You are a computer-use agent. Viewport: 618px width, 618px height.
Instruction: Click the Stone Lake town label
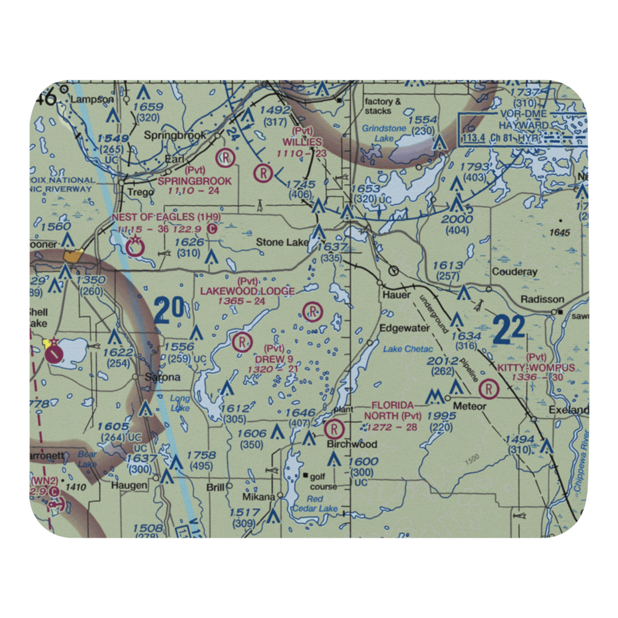pyautogui.click(x=282, y=243)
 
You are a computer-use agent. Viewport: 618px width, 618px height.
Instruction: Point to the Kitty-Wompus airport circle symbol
pyautogui.click(x=489, y=389)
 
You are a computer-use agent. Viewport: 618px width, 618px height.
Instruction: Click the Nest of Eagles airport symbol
pyautogui.click(x=133, y=249)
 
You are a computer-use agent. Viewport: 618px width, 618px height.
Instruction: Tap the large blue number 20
pyautogui.click(x=169, y=311)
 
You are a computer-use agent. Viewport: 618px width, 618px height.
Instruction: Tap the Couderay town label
pyautogui.click(x=515, y=271)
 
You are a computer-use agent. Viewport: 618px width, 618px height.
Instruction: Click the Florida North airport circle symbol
pyautogui.click(x=334, y=428)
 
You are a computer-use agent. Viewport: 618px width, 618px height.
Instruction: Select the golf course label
pyautogui.click(x=324, y=481)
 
